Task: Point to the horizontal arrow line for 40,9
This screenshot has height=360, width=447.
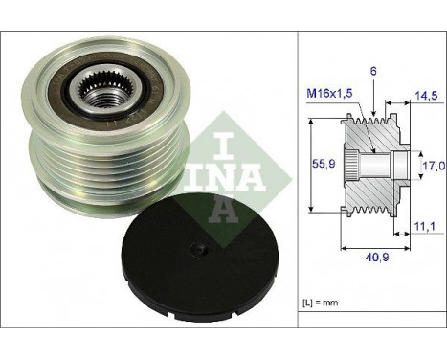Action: [368, 243]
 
